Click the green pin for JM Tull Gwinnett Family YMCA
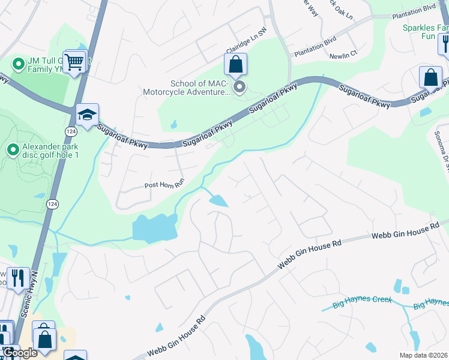pos(18,62)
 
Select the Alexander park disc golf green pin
pos(12,149)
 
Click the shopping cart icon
pos(74,61)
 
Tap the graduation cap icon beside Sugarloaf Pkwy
pos(87,115)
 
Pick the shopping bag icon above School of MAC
pos(237,64)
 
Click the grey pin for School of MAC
pos(240,89)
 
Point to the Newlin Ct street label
pos(343,55)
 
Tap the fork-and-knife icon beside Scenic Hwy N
pos(17,277)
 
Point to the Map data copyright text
pos(423,355)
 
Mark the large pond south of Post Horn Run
pos(154,228)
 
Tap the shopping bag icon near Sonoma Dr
pos(430,77)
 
